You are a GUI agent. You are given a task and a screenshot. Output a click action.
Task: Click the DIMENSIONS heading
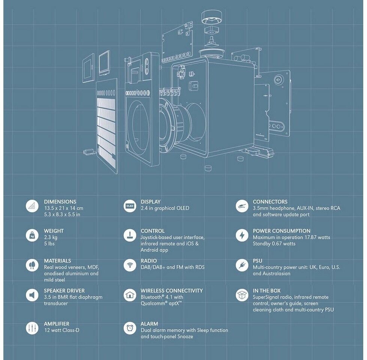point(60,202)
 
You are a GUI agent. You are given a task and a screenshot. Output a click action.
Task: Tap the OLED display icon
point(130,206)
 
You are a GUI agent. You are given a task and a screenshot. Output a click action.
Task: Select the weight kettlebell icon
point(32,235)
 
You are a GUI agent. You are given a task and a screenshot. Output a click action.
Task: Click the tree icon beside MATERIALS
point(32,265)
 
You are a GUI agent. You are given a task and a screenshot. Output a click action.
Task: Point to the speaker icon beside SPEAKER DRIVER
point(32,295)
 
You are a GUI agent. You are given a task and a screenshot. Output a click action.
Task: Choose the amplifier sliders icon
point(32,328)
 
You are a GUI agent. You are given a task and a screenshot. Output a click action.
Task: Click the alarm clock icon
point(130,328)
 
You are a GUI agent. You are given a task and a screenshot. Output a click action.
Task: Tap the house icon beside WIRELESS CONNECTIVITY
point(130,295)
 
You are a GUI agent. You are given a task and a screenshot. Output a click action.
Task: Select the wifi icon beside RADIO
point(130,265)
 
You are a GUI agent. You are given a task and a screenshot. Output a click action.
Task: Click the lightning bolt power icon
point(242,235)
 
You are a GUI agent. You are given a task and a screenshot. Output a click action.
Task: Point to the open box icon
point(242,295)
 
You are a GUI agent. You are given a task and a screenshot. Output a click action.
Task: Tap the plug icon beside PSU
point(242,265)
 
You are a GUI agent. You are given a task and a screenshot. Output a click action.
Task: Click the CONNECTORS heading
point(270,202)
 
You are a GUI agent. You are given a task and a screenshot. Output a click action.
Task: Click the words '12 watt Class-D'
point(61,330)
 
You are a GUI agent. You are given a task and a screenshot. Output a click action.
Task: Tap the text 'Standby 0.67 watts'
point(274,244)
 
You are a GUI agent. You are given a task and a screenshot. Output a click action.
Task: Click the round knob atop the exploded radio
point(212,17)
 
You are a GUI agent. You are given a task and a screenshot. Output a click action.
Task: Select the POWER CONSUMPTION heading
point(282,231)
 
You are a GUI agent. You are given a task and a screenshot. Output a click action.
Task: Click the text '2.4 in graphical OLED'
point(165,208)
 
